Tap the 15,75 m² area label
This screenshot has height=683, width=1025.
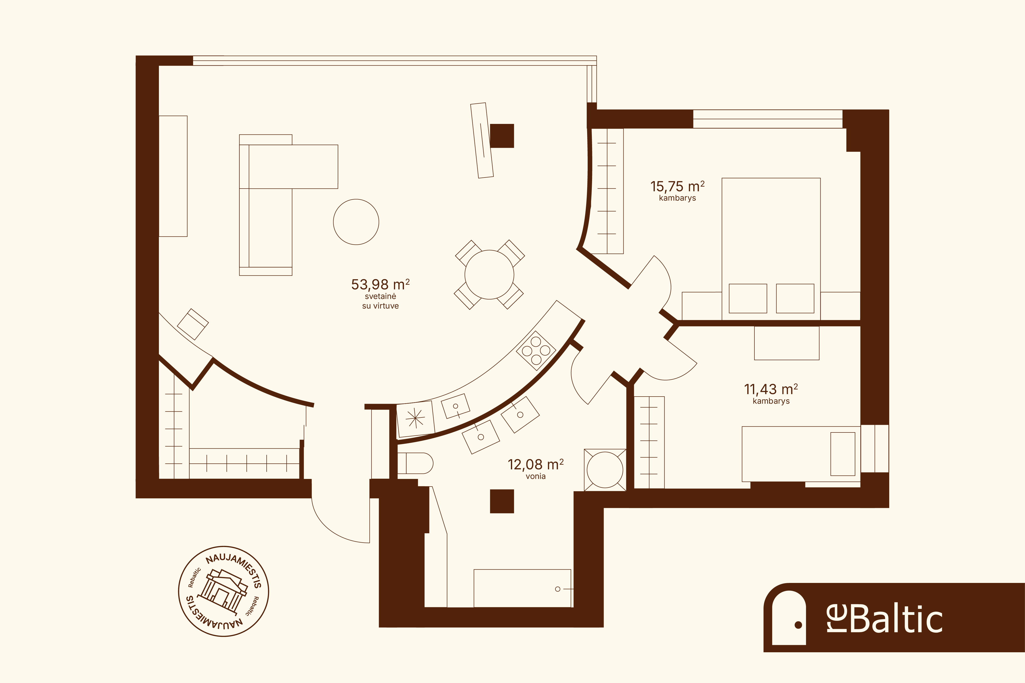(677, 186)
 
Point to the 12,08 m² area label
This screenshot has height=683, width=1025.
(535, 465)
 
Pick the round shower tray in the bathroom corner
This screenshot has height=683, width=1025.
(605, 470)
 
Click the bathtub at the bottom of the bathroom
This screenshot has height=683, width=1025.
(522, 588)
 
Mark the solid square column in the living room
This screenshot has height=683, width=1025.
(502, 136)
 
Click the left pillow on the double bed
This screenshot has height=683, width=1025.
(748, 298)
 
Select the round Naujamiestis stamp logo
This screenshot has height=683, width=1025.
(224, 591)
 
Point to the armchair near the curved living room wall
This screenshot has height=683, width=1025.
(193, 324)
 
